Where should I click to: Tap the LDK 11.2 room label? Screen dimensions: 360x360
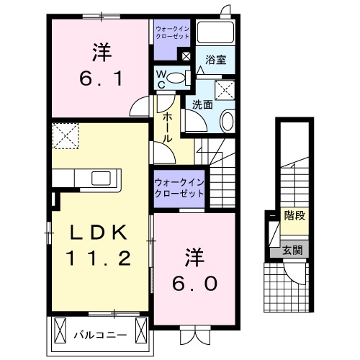point(99,245)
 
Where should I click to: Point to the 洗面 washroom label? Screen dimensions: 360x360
point(202,104)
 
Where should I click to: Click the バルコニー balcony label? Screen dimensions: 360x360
point(100,335)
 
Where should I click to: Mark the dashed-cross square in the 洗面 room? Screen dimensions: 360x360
point(226,91)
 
